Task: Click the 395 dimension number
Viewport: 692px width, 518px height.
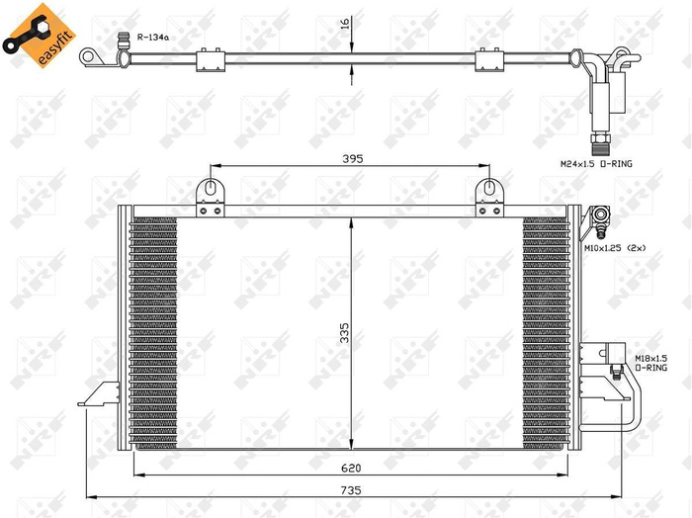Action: (x=353, y=158)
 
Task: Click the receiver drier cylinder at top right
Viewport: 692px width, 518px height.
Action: (x=601, y=98)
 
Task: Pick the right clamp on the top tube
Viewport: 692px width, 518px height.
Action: (x=489, y=61)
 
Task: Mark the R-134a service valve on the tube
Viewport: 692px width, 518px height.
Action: (x=125, y=43)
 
